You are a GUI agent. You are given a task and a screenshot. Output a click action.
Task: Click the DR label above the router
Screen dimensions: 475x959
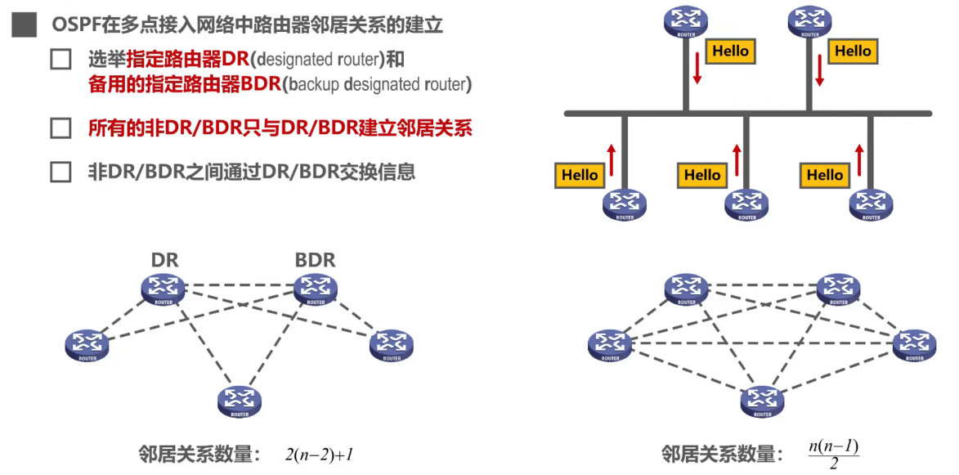pyautogui.click(x=164, y=260)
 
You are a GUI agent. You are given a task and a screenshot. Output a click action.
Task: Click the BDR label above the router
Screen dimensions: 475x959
pyautogui.click(x=315, y=260)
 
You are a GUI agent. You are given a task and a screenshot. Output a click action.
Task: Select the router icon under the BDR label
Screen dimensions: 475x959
pyautogui.click(x=315, y=289)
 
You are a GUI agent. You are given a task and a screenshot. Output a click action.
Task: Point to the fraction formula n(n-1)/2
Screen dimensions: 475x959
pyautogui.click(x=833, y=455)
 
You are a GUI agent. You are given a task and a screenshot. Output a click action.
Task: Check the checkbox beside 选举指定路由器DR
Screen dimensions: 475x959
pyautogui.click(x=61, y=60)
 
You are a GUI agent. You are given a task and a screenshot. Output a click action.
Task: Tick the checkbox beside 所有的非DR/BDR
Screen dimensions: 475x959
pyautogui.click(x=61, y=128)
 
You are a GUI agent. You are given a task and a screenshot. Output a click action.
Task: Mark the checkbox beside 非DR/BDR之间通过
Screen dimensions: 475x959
pyautogui.click(x=61, y=173)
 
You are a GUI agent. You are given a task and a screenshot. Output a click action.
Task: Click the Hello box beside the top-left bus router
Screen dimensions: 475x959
pyautogui.click(x=730, y=52)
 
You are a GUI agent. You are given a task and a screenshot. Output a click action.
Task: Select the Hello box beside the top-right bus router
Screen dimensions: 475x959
pyautogui.click(x=853, y=52)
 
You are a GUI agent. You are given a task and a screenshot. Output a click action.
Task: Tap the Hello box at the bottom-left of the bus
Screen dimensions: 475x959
pyautogui.click(x=580, y=175)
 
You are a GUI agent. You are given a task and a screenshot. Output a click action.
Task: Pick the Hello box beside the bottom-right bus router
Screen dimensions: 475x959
pyautogui.click(x=825, y=175)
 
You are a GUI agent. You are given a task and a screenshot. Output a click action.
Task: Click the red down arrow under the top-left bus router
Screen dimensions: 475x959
pyautogui.click(x=697, y=69)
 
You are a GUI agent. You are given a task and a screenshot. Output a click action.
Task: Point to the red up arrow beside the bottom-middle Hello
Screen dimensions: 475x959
pyautogui.click(x=736, y=160)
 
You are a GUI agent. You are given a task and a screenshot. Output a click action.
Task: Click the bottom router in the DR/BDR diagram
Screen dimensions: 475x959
pyautogui.click(x=239, y=401)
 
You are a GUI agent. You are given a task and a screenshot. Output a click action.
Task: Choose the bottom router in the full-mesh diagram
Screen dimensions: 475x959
pyautogui.click(x=762, y=401)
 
